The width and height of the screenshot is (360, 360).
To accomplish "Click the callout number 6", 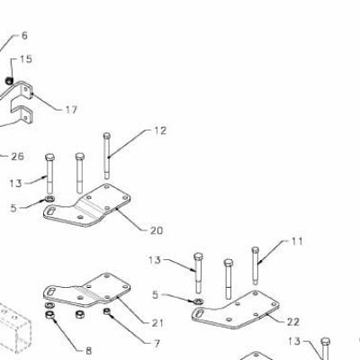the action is coord(24,36).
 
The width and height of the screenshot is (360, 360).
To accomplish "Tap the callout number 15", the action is coord(26,59).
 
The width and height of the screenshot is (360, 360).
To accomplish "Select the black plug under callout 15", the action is coord(10,80).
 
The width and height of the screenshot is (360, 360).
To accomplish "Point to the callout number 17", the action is coord(71,110).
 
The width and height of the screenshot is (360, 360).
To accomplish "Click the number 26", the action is coord(17,157).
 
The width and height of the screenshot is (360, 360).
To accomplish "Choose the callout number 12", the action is coord(160,130).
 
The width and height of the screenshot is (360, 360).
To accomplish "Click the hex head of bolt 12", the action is coord(107,136).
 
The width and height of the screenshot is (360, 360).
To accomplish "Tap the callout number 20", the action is coord(157,230).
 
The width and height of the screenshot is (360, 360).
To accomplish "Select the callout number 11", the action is coord(297,241).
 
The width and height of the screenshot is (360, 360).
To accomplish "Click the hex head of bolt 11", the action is coord(256,250).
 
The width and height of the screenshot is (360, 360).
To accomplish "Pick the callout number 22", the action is coord(293,322).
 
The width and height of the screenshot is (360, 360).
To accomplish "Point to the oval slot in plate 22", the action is coord(200,312).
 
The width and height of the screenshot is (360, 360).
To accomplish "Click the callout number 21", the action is coord(157,323).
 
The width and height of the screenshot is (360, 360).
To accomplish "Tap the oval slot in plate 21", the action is coord(51,291).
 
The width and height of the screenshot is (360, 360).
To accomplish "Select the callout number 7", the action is coord(157,344).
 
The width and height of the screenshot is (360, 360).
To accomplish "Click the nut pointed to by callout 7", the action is coord(107,311).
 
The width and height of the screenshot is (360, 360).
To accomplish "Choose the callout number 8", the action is coord(89,350).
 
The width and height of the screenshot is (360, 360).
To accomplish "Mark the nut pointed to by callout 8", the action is coord(49,315).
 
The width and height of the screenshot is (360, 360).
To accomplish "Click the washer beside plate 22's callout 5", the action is coord(198,301).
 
